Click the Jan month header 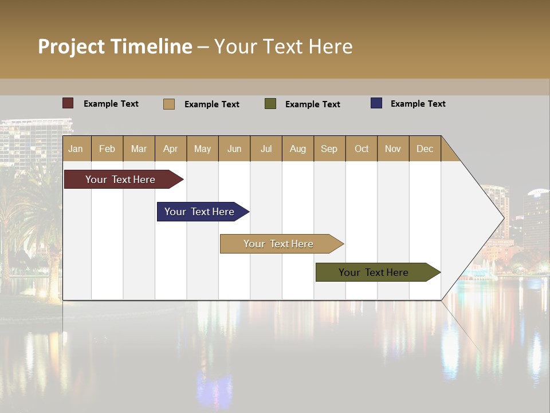[x=76, y=149]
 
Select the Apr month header [x=171, y=149]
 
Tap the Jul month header [x=266, y=149]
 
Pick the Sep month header [x=329, y=149]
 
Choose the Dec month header [x=425, y=149]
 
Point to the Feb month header [x=107, y=149]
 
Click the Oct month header [x=362, y=149]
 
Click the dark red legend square [x=68, y=103]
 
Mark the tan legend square [x=169, y=104]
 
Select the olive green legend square [x=270, y=104]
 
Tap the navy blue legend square [x=376, y=103]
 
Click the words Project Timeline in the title [x=115, y=46]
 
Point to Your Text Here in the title [x=283, y=46]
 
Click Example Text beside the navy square [x=418, y=104]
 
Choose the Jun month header [x=234, y=149]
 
